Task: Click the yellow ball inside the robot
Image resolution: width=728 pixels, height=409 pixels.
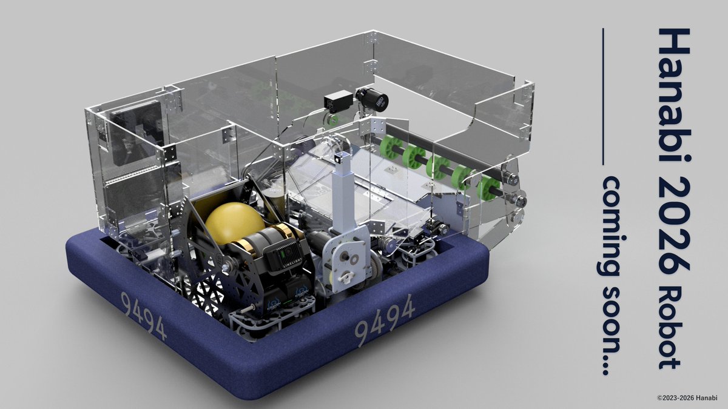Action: pyautogui.click(x=235, y=224)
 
